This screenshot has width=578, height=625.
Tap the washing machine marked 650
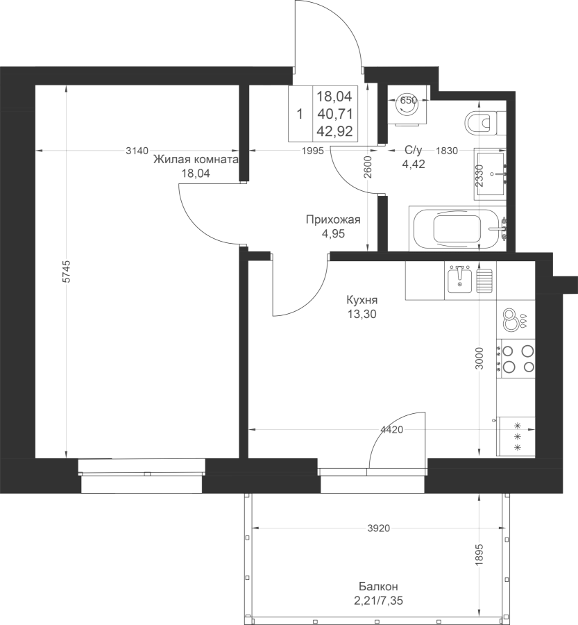tap(408, 106)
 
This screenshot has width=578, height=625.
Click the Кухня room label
tap(362, 300)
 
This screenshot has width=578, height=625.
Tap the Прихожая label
tap(333, 219)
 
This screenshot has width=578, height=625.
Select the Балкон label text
tap(378, 586)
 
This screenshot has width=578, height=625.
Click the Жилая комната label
tap(196, 160)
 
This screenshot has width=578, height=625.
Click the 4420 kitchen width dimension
tap(392, 430)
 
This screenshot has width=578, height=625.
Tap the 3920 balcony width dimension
tap(378, 528)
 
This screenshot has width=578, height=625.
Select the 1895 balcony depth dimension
tap(479, 554)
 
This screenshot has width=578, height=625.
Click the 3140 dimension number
tap(137, 151)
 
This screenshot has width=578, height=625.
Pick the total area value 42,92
tap(335, 131)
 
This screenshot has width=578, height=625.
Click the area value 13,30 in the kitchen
tap(362, 314)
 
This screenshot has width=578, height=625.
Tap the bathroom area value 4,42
tap(414, 164)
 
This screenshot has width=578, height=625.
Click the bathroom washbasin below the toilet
tap(491, 174)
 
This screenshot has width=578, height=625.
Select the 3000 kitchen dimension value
tap(479, 358)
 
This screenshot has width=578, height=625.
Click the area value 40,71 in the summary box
tap(335, 114)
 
